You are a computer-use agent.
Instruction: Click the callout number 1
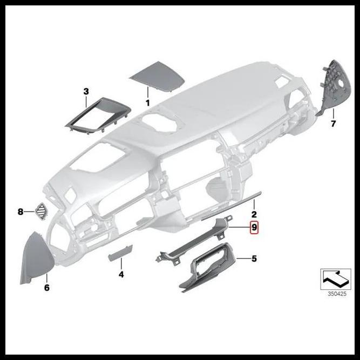(x=147, y=101)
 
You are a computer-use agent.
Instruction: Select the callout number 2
(x=254, y=215)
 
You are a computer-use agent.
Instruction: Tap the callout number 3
(x=86, y=91)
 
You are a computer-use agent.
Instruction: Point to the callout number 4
(x=121, y=275)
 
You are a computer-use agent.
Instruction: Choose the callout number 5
(x=254, y=259)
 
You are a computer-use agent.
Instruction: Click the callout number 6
(x=46, y=288)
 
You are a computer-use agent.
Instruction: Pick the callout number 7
(x=333, y=124)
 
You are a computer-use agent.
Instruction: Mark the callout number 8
(x=21, y=212)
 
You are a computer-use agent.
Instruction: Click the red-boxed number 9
(x=254, y=228)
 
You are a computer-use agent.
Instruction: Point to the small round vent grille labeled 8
(x=41, y=210)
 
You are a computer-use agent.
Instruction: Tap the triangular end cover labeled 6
(x=36, y=259)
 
